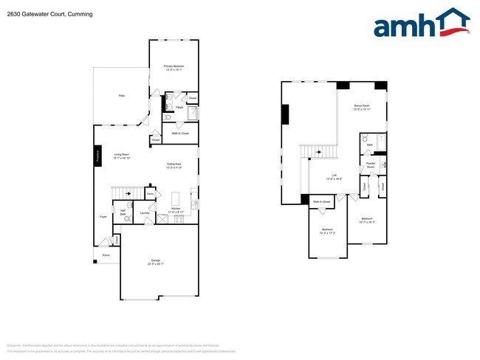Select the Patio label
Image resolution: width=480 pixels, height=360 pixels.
click(121, 96)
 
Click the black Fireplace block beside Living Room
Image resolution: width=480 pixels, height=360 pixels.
click(97, 157)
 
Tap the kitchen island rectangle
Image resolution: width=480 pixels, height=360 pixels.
click(176, 198)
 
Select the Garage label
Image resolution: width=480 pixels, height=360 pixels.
click(156, 261)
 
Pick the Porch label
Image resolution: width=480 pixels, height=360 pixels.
click(106, 256)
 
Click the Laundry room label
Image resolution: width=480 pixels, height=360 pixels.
click(145, 213)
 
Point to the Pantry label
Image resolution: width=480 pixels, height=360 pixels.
click(150, 194)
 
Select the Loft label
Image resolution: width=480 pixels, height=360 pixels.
click(334, 176)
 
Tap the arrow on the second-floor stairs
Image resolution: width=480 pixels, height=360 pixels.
click(319, 152)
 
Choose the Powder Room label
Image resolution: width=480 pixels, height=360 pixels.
click(371, 166)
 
